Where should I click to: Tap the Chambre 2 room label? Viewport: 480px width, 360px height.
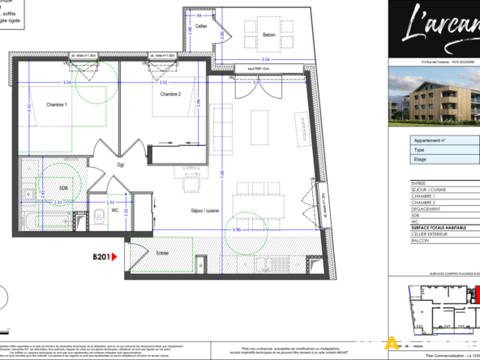tap(169, 94)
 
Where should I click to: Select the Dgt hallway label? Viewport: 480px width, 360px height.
tap(119, 165)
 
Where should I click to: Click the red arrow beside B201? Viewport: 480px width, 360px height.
tap(114, 256)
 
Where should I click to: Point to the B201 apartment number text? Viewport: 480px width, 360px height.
tap(100, 256)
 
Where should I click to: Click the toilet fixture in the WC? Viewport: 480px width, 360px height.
tap(96, 214)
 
